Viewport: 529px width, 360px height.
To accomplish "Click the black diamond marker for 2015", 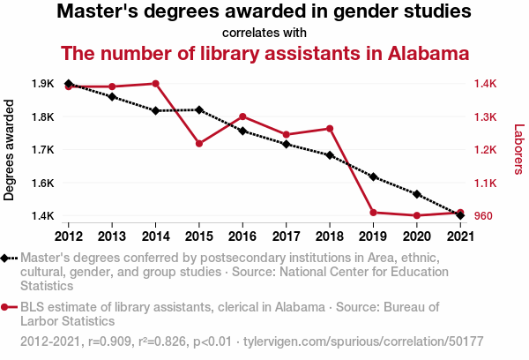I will tap(199, 109).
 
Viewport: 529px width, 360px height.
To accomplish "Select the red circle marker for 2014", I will tap(155, 84).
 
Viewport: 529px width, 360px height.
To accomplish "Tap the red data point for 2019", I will tap(373, 213).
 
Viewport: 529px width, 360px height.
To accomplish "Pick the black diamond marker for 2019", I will tap(373, 176).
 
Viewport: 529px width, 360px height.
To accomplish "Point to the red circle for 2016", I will tap(242, 116).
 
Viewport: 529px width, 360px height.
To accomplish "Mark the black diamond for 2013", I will tap(112, 96).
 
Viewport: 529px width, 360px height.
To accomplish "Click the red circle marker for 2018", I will tap(330, 129).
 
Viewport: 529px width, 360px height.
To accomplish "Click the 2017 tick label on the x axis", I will tap(286, 236).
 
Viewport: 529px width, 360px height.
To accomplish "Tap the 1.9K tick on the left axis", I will tap(42, 84).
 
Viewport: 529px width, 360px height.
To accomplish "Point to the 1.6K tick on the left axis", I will tap(42, 183).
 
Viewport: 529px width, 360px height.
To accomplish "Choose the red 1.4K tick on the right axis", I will tap(486, 84).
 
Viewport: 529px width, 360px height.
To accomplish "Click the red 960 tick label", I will tap(484, 215).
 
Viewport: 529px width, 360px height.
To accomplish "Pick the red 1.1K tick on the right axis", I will tap(486, 183).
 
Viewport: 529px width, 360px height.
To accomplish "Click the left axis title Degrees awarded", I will tap(10, 150).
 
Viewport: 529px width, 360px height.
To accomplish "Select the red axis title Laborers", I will tap(518, 150).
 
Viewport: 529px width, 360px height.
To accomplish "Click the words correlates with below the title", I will tap(264, 33).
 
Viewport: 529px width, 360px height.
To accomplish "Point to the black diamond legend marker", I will tap(7, 258).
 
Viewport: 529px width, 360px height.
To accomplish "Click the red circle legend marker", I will tap(7, 307).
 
